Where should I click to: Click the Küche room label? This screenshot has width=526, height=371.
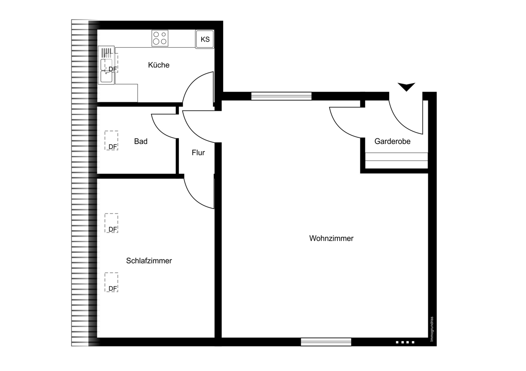[159, 65]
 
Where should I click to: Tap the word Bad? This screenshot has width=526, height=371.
[141, 141]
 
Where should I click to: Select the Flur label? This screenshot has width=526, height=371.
[198, 153]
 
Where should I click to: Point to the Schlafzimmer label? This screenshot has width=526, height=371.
[149, 261]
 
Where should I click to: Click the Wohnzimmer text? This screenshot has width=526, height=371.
[331, 238]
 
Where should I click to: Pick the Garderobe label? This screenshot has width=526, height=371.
[392, 141]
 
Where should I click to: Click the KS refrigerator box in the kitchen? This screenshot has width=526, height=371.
[205, 39]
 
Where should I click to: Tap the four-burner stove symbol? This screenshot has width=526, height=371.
[160, 38]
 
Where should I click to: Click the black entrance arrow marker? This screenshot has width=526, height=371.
[406, 87]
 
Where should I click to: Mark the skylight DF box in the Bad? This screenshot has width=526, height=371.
[111, 140]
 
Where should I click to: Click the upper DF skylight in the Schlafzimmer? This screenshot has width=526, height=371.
[111, 223]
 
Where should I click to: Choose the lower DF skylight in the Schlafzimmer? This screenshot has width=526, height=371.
[111, 282]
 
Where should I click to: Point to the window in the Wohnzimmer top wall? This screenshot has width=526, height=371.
[281, 96]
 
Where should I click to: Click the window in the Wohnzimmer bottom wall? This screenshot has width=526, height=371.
[326, 342]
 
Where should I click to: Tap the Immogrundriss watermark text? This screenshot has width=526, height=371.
[432, 329]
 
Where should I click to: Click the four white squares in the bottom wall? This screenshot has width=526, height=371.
[405, 342]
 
